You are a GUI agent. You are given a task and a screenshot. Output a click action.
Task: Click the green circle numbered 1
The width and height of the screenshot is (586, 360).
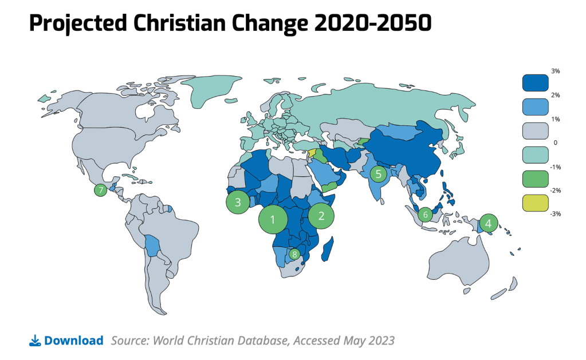click(273, 219)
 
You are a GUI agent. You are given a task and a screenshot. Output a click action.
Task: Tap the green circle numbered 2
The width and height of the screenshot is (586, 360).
click(321, 215)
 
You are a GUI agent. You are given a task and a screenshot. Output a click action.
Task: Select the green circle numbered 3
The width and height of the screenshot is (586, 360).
click(237, 201)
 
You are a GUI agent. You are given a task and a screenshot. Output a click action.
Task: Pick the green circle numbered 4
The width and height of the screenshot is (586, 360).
click(488, 223)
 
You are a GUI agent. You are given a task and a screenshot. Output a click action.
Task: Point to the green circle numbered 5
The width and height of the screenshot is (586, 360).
click(378, 173)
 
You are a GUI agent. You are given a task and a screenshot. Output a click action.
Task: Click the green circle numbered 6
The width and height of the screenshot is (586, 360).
click(425, 215)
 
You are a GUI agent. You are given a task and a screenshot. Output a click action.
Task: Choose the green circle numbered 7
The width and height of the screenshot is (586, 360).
click(101, 190)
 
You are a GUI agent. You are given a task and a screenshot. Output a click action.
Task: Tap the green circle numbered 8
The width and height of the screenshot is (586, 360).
click(294, 254)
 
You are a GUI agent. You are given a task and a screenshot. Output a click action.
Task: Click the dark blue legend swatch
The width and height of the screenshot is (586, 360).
click(535, 83)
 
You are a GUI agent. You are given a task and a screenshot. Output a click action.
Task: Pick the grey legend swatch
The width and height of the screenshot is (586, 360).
click(535, 130)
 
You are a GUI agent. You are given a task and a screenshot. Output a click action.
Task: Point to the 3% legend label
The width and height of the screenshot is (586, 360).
click(555, 71)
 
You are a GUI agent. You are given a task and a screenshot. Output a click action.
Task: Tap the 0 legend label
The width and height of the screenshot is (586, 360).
click(556, 142)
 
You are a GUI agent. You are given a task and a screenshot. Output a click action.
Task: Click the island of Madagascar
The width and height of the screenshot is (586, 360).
click(328, 251)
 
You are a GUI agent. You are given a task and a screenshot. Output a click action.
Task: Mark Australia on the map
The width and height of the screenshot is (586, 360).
click(458, 263)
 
